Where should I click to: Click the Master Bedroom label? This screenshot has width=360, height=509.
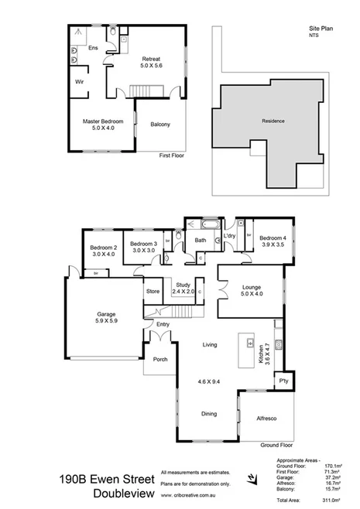click(102, 121)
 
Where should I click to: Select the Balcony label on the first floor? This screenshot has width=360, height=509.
click(160, 125)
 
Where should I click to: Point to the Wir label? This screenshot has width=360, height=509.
click(79, 80)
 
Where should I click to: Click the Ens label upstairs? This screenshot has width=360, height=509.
click(93, 48)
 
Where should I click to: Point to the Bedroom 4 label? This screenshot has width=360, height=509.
click(273, 237)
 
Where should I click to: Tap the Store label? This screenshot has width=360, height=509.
click(153, 292)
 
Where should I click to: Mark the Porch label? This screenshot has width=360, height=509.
click(160, 359)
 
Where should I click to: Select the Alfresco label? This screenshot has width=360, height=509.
click(266, 418)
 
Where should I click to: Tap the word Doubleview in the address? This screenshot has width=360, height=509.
click(123, 493)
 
